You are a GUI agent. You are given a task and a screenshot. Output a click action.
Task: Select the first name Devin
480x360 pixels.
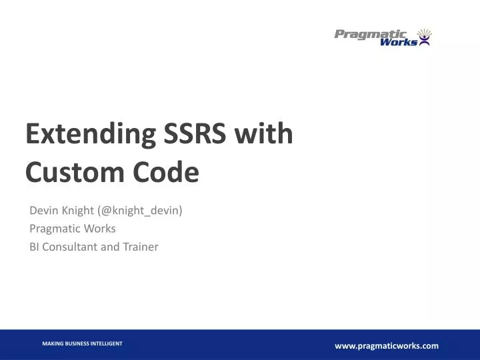[43, 211]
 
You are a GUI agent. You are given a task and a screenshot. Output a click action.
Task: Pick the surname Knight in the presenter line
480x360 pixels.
[77, 211]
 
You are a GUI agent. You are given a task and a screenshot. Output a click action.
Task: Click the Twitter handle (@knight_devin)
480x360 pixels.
[140, 211]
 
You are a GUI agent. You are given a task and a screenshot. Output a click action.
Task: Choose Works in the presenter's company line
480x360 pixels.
[101, 229]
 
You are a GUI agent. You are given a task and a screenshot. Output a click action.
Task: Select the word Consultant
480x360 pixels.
[70, 247]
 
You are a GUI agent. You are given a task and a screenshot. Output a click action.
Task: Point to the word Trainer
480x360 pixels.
[139, 247]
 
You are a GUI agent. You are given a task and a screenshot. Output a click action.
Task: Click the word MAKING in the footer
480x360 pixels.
[53, 343]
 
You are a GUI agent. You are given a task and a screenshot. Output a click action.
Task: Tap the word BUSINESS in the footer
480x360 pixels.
[79, 343]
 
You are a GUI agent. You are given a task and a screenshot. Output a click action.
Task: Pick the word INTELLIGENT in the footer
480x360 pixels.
[107, 343]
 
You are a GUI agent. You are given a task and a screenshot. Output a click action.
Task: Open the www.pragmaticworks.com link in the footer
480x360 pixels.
[387, 345]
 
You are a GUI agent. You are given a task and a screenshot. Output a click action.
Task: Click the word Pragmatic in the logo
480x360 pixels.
[370, 34]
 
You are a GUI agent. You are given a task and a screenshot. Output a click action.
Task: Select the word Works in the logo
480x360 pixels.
[399, 42]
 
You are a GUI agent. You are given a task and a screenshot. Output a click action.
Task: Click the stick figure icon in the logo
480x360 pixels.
[424, 37]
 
